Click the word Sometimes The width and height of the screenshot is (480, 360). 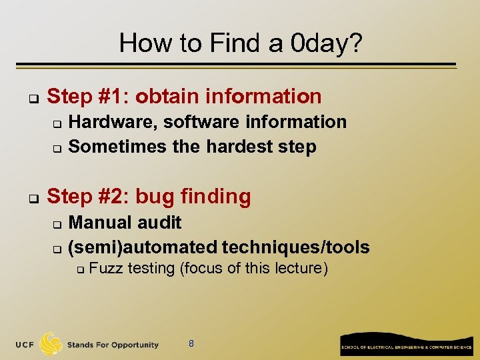coord(118,147)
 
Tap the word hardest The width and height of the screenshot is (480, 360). coord(233,147)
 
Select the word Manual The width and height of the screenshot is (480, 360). coord(102,223)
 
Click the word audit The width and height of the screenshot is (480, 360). coord(161,223)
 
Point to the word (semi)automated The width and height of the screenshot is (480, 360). coord(143,247)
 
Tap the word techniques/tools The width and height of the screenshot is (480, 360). coord(295,247)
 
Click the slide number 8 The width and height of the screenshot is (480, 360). coord(191,345)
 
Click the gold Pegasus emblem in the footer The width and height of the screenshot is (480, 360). coord(52,344)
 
